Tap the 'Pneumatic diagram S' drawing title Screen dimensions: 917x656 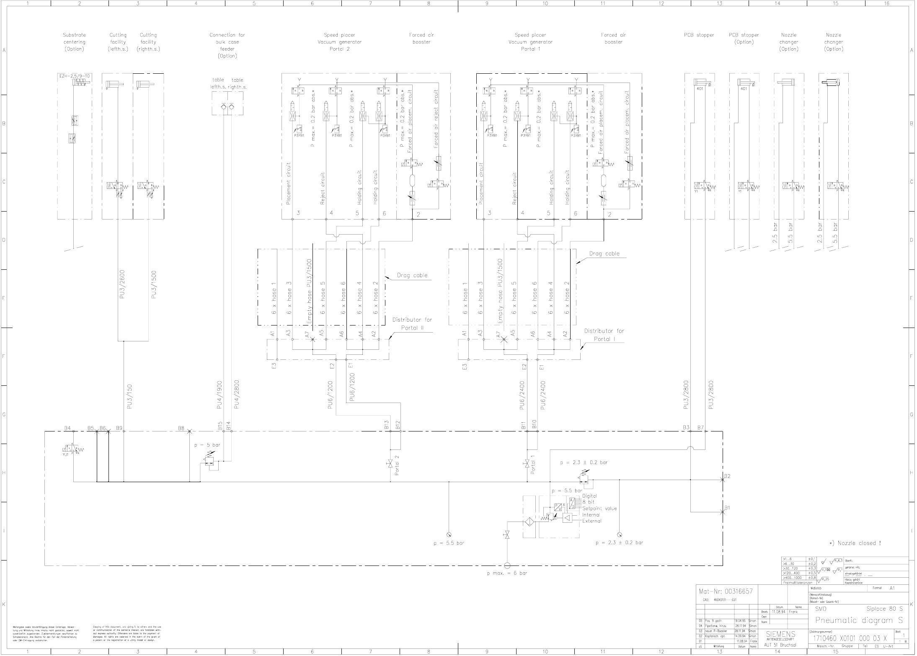pyautogui.click(x=859, y=620)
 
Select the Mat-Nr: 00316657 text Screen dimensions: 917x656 pyautogui.click(x=726, y=591)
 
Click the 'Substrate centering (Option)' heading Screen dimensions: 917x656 pyautogui.click(x=74, y=42)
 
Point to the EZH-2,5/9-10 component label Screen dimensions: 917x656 pyautogui.click(x=74, y=76)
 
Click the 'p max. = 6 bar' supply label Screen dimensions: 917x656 pyautogui.click(x=507, y=573)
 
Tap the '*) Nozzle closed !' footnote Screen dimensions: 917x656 pyautogui.click(x=855, y=543)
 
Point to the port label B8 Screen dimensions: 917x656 pyautogui.click(x=181, y=429)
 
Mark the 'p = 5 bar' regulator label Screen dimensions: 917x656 pyautogui.click(x=207, y=445)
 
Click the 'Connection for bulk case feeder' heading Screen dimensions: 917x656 pyautogui.click(x=227, y=45)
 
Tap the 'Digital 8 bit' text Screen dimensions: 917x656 pyautogui.click(x=589, y=499)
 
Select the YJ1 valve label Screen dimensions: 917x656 pyautogui.click(x=65, y=454)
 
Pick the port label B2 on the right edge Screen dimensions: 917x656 pyautogui.click(x=727, y=476)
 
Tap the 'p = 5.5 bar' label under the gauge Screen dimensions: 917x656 pyautogui.click(x=449, y=543)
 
